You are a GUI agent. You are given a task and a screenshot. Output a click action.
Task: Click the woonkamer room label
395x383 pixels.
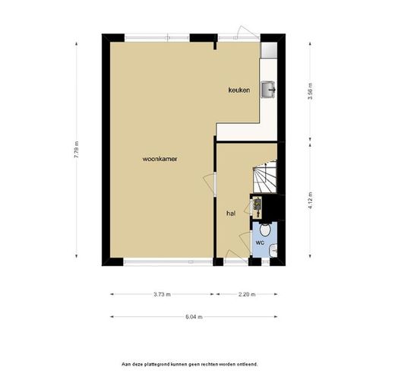point(160,159)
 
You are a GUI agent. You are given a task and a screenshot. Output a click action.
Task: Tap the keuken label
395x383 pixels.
point(239,90)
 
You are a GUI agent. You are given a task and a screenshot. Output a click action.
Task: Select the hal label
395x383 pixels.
point(231,214)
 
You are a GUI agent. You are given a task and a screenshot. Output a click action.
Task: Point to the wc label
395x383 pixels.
point(260,242)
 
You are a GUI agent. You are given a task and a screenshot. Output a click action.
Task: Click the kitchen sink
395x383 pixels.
point(268,90)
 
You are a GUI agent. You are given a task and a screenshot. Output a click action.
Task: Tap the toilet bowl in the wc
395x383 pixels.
point(265,229)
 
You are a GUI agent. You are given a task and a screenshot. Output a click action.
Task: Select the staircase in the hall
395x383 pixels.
point(264,176)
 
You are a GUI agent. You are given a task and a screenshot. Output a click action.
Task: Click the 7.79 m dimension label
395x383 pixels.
point(77,150)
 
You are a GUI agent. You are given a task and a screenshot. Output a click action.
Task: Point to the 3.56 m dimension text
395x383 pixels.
point(310,91)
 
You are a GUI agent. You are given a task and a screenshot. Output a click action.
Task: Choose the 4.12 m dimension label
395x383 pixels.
point(310,201)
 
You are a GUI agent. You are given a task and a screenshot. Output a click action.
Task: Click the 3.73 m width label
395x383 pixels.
point(162,294)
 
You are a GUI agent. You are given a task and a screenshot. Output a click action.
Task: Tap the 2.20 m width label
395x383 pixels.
point(247,294)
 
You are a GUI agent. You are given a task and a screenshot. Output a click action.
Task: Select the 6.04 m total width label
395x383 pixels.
point(194,317)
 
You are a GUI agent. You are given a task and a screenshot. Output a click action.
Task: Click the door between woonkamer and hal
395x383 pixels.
point(210,184)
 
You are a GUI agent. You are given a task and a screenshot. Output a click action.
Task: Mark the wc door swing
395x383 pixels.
point(245,242)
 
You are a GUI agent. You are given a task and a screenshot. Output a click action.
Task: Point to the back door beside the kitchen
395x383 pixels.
point(248,32)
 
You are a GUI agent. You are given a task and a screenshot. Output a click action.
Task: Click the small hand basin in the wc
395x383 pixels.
point(273,250)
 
